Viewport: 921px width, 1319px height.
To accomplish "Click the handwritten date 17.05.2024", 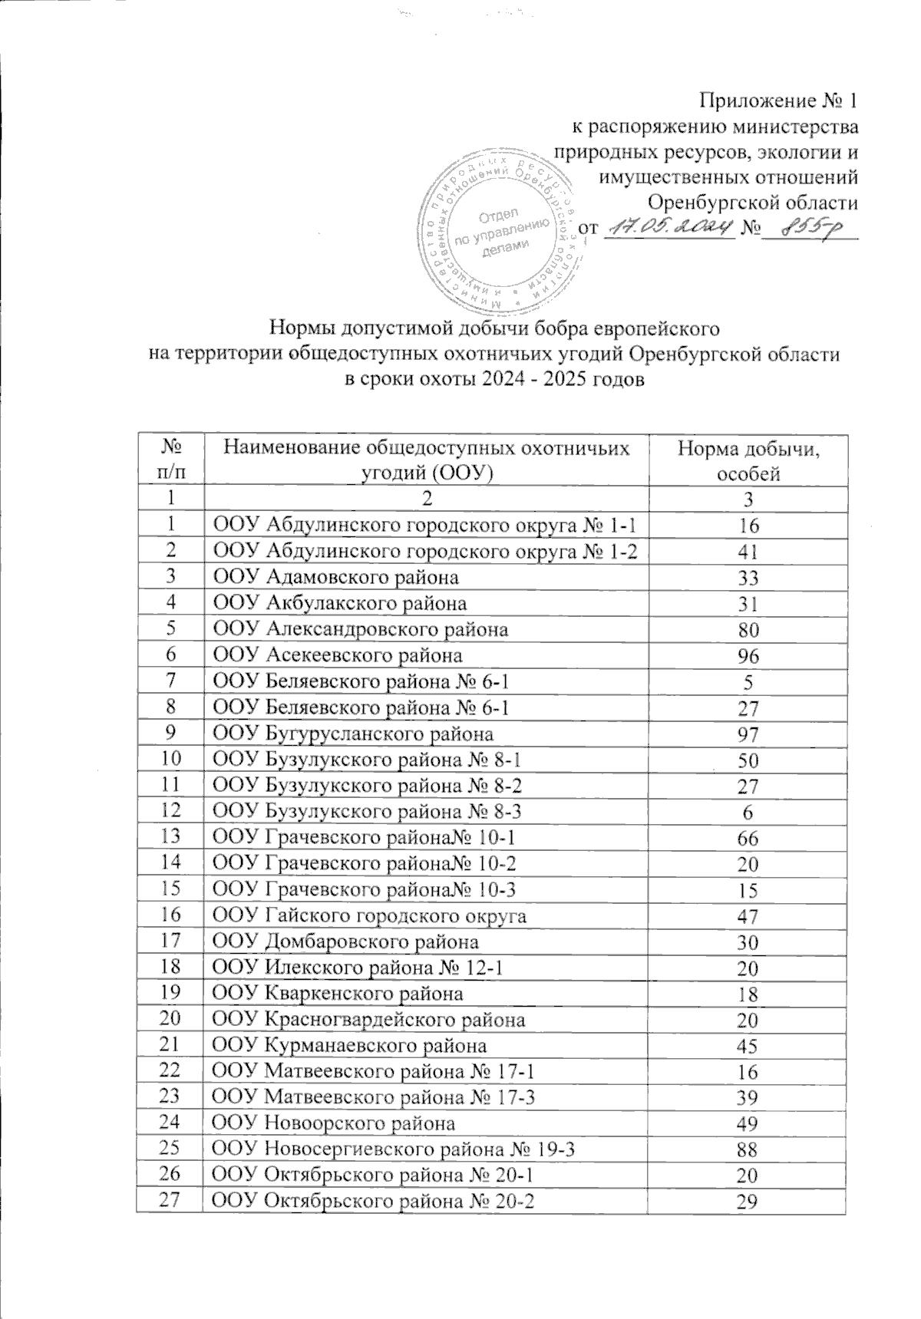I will (665, 228).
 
